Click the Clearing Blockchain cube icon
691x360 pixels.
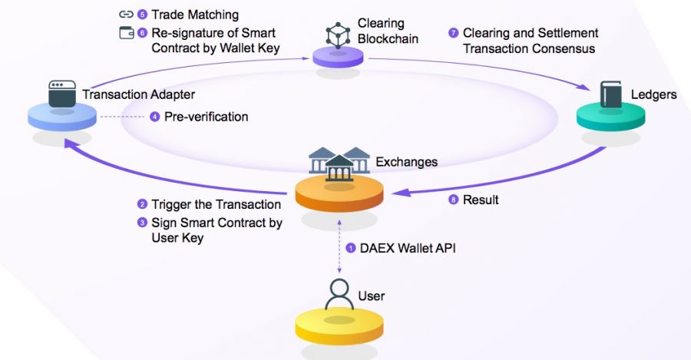coord(338,35)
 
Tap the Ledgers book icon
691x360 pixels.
coord(611,95)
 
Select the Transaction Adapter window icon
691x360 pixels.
coord(63,93)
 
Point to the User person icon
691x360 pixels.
coord(339,294)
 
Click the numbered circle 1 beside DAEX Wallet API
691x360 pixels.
coord(351,247)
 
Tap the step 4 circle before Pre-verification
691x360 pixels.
coord(155,117)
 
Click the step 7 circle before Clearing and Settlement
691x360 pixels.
coord(452,34)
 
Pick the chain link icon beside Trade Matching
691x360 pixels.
coord(126,15)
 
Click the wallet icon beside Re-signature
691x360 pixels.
coord(126,33)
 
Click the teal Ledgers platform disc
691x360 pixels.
coord(611,117)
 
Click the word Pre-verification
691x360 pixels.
coord(206,117)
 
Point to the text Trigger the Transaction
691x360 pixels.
coord(216,204)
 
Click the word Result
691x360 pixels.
coord(481,200)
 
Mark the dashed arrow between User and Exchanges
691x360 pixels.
coord(339,246)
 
